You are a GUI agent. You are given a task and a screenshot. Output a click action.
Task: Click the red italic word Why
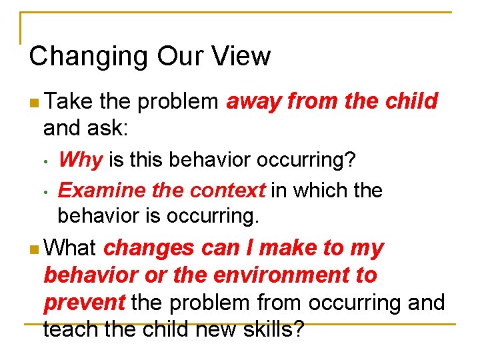click(x=80, y=160)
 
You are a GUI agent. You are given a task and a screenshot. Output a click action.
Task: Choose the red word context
click(x=227, y=191)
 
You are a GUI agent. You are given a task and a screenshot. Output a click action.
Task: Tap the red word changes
click(x=149, y=248)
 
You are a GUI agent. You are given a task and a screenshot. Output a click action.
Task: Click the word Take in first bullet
click(x=70, y=101)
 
